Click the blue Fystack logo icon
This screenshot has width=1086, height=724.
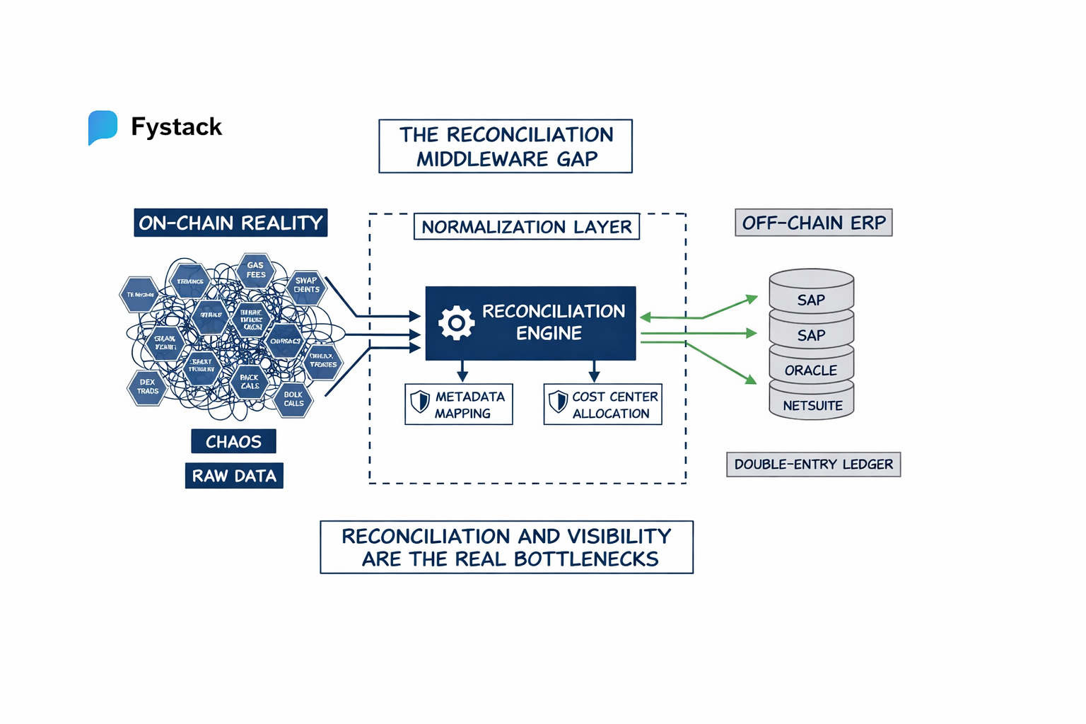pos(103,127)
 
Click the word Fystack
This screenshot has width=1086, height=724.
pos(176,127)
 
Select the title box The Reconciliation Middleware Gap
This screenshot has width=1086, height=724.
pos(506,146)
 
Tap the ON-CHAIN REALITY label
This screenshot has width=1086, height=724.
pos(230,223)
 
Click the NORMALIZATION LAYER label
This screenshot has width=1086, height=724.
pos(526,227)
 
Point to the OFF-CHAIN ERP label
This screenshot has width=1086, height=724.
pos(813,223)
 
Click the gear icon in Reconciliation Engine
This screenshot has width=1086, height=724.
pos(457,323)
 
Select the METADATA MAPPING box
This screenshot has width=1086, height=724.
pos(459,404)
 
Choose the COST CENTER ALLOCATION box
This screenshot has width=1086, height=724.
pos(602,404)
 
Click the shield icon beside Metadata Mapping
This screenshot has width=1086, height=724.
pos(420,402)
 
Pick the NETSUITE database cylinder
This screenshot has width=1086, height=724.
pos(812,404)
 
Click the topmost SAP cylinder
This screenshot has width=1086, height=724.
pos(811,293)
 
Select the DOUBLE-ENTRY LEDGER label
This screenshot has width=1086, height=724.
pos(813,465)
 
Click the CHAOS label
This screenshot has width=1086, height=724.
pos(233,442)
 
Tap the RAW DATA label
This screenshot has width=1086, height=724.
pos(234,476)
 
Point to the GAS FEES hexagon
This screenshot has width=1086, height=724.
pos(256,270)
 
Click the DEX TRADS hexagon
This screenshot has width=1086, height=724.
pos(148,387)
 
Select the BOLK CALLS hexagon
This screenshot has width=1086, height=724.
pos(293,399)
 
